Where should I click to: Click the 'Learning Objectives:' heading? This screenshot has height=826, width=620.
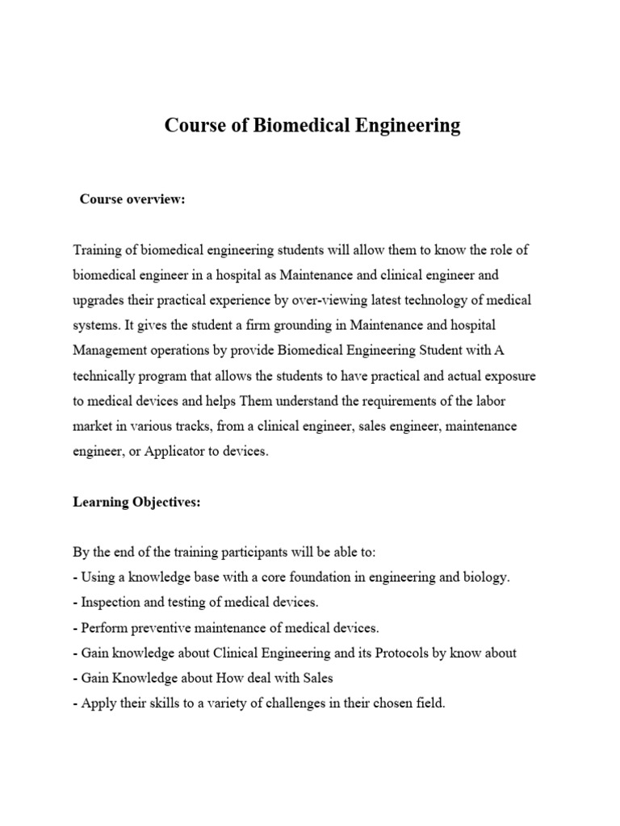pos(136,502)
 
